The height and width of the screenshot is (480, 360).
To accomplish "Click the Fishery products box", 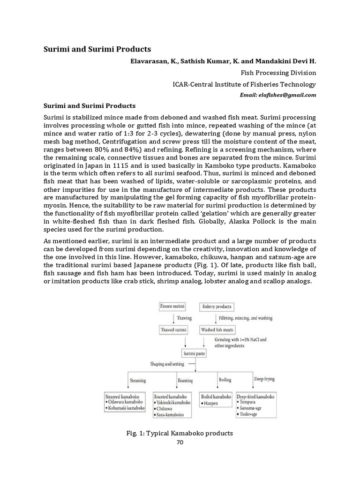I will pyautogui.click(x=217, y=307).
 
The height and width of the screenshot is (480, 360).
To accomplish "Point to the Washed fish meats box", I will pyautogui.click(x=215, y=330).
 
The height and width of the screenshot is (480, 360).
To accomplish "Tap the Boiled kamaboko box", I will pyautogui.click(x=216, y=399).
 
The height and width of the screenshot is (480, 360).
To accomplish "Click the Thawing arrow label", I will pyautogui.click(x=184, y=318).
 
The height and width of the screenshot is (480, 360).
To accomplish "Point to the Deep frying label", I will pyautogui.click(x=265, y=379).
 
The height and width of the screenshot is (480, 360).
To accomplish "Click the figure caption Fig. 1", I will pyautogui.click(x=180, y=433).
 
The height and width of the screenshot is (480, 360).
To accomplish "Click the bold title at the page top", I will pyautogui.click(x=97, y=49).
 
